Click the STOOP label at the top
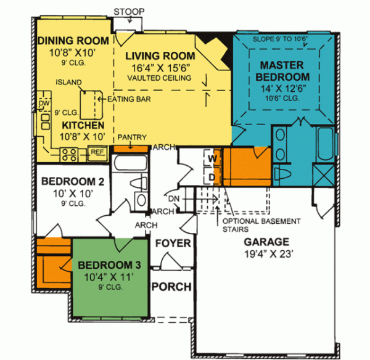pos(129,10)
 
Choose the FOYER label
pos(172,243)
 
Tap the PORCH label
pos(171,287)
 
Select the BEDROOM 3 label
pos(110,266)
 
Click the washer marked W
pos(212,159)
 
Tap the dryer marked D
pos(212,178)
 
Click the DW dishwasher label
pos(43,103)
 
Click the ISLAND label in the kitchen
pos(66,81)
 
